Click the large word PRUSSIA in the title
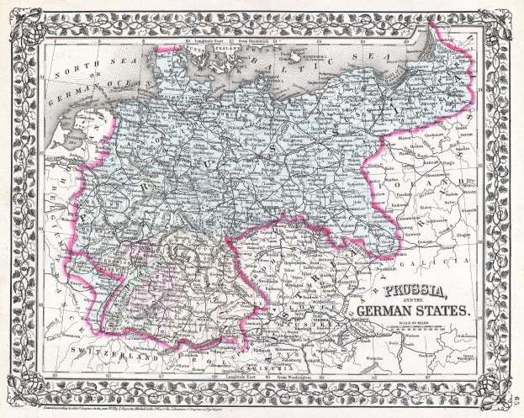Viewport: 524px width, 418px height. (417, 295)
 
